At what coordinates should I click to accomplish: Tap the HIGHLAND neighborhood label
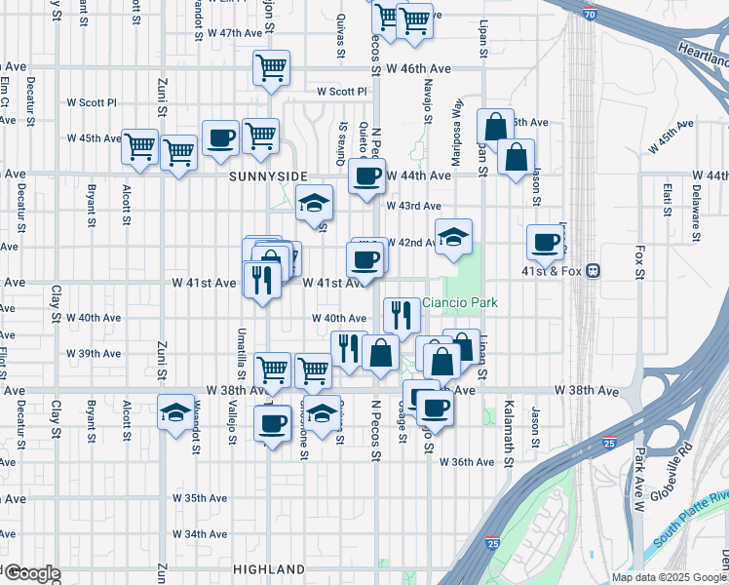point(269,568)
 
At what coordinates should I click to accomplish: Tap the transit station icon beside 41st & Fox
point(592,272)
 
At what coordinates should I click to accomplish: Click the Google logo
point(31,573)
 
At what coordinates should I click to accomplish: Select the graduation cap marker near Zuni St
point(176,412)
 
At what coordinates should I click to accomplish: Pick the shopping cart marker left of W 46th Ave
point(271,67)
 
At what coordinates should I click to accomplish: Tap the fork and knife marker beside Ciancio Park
point(402,313)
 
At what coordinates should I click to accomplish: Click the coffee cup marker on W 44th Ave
point(366,175)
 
